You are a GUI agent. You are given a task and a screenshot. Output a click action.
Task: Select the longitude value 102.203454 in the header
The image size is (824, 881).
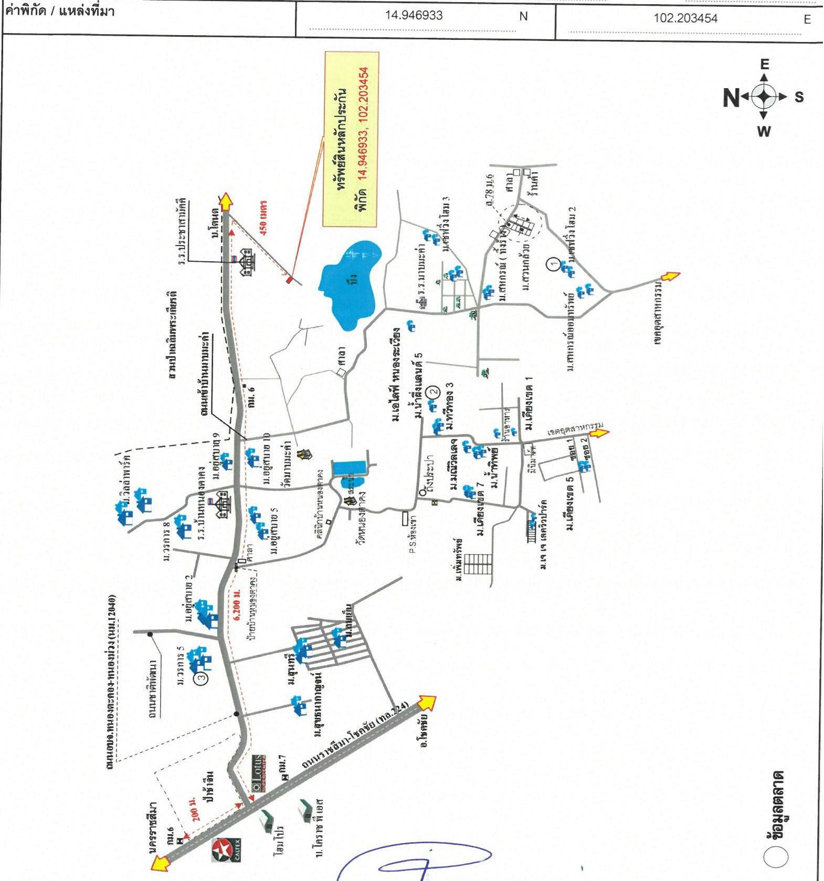click(685, 18)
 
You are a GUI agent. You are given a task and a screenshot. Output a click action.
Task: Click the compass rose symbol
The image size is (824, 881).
click(764, 97)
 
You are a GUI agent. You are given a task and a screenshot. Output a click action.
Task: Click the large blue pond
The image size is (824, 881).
click(350, 283)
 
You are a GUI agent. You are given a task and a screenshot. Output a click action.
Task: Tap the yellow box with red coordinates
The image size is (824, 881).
click(351, 139)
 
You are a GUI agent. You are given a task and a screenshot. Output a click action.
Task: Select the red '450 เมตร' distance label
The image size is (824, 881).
click(263, 217)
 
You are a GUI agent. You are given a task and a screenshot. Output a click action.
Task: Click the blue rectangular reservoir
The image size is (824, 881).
click(351, 466)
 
